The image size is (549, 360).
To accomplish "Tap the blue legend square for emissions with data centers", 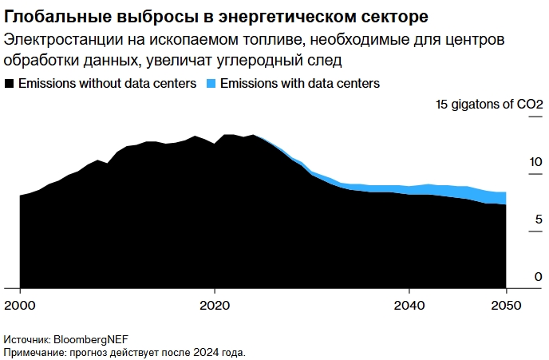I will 211,84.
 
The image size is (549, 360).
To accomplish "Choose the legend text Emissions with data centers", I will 299,84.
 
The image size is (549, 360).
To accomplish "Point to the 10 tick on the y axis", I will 513,162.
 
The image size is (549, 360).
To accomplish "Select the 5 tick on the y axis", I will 516,220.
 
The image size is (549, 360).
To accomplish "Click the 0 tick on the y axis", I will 516,276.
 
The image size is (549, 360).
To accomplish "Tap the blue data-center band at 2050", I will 503,199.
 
